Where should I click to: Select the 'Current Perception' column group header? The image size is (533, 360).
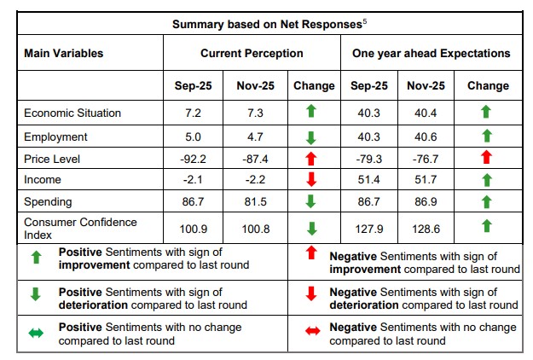[x=252, y=53]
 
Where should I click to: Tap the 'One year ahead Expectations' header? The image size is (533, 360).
[x=431, y=53]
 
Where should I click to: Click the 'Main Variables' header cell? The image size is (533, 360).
[x=64, y=53]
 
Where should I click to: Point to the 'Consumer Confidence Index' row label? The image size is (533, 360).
[x=68, y=228]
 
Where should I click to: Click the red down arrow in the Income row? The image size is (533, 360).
[x=311, y=180]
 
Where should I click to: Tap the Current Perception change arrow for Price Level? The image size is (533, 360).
[x=311, y=158]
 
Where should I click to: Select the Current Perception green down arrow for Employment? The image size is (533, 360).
[x=311, y=136]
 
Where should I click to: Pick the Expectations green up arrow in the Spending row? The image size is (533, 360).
[x=486, y=201]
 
